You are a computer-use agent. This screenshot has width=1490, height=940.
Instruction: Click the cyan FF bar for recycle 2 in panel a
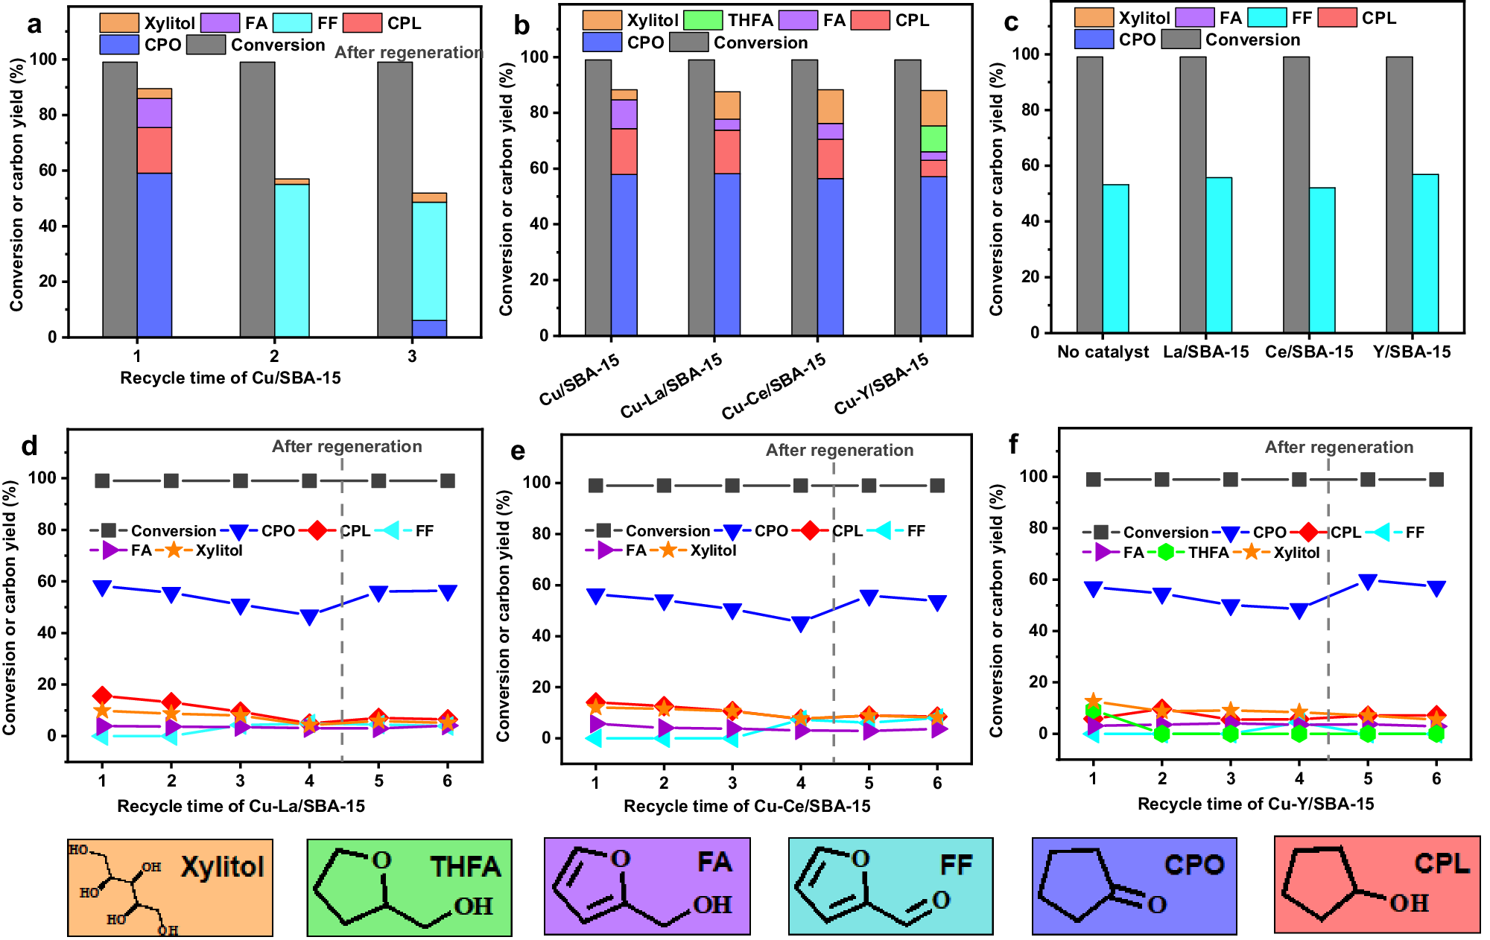pyautogui.click(x=292, y=261)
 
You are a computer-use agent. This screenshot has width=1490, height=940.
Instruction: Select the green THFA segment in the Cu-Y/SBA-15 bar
pyautogui.click(x=933, y=139)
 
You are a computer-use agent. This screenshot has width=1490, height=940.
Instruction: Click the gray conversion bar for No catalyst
pyautogui.click(x=1089, y=194)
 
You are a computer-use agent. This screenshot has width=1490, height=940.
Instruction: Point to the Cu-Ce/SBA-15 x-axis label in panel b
pyautogui.click(x=774, y=386)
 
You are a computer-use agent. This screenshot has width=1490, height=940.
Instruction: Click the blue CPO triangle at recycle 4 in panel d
pyautogui.click(x=309, y=617)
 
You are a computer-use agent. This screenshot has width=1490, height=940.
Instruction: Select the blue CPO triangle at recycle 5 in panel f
pyautogui.click(x=1368, y=582)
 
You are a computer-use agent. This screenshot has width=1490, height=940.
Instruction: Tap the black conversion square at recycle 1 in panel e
pyautogui.click(x=595, y=486)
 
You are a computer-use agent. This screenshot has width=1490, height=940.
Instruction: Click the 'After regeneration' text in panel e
pyautogui.click(x=840, y=450)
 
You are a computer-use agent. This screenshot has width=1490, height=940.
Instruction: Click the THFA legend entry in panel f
pyautogui.click(x=1208, y=553)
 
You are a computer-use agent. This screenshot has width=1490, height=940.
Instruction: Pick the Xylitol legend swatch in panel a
pyautogui.click(x=119, y=23)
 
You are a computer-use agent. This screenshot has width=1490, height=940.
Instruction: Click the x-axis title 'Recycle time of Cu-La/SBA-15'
pyautogui.click(x=241, y=806)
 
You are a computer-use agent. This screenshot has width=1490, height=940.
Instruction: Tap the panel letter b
pyautogui.click(x=521, y=26)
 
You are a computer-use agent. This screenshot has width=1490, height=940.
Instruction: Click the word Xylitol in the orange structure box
pyautogui.click(x=222, y=867)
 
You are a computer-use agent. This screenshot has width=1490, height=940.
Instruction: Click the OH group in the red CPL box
pyautogui.click(x=1409, y=904)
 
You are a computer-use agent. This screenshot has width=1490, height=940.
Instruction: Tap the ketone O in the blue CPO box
pyautogui.click(x=1156, y=905)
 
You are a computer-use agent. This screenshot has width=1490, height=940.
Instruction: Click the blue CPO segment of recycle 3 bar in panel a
pyautogui.click(x=430, y=328)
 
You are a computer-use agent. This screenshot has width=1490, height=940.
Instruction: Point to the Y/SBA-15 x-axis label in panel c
pyautogui.click(x=1412, y=352)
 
